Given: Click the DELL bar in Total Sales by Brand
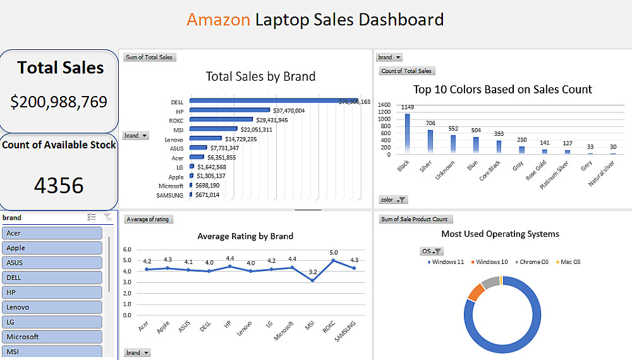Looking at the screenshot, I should tap(272, 101).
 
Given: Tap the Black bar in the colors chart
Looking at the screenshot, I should tap(407, 133).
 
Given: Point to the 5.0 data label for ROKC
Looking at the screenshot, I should tap(334, 253).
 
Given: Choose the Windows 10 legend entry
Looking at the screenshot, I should tap(490, 262).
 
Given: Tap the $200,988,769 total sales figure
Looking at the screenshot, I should tap(59, 102).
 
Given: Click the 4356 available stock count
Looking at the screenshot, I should tap(59, 186).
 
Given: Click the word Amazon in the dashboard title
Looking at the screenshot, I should tap(218, 20).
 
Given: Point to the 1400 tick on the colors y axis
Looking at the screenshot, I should tap(384, 105).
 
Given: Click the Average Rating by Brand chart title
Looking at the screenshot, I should tap(245, 236).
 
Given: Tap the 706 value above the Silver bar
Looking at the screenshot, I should tap(430, 124).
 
